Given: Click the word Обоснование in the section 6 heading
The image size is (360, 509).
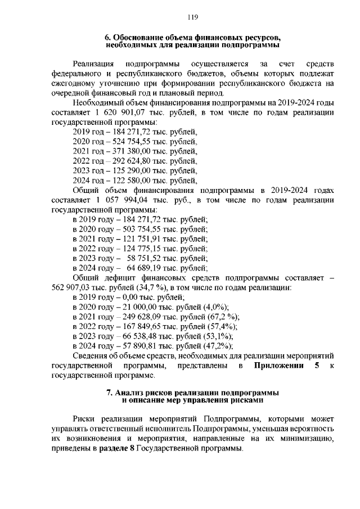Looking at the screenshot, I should click(x=140, y=36).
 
